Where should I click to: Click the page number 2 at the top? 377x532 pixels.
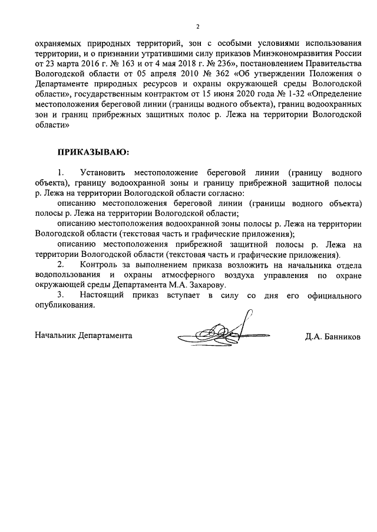pyautogui.click(x=197, y=26)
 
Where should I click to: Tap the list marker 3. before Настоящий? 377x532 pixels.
pyautogui.click(x=60, y=296)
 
